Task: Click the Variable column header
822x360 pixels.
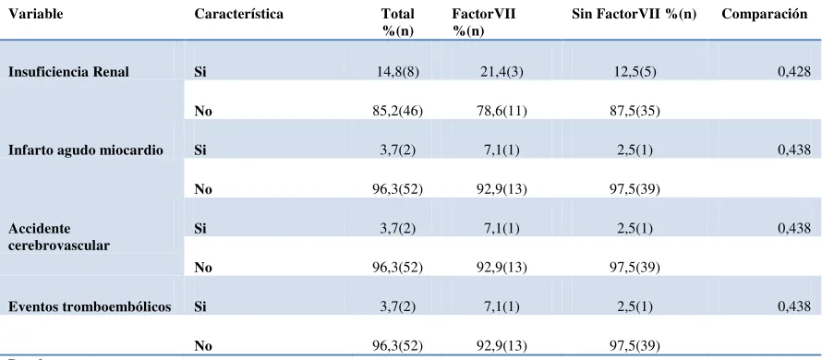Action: point(35,14)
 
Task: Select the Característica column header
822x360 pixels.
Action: point(238,14)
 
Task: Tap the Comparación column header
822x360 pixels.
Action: point(765,14)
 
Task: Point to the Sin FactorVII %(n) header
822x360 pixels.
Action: point(635,14)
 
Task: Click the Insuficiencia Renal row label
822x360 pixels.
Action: point(68,72)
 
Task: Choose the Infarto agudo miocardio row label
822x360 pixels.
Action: point(86,150)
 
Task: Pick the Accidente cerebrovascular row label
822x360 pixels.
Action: point(59,237)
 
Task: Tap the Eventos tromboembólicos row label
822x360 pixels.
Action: point(89,307)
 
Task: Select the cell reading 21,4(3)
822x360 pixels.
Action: point(502,72)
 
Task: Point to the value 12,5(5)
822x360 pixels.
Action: point(635,72)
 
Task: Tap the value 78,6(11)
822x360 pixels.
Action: point(502,111)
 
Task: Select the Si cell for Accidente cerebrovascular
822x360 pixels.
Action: point(200,229)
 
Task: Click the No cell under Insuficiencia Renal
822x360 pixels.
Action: point(203,111)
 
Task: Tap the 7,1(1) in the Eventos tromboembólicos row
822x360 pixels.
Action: point(502,307)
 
